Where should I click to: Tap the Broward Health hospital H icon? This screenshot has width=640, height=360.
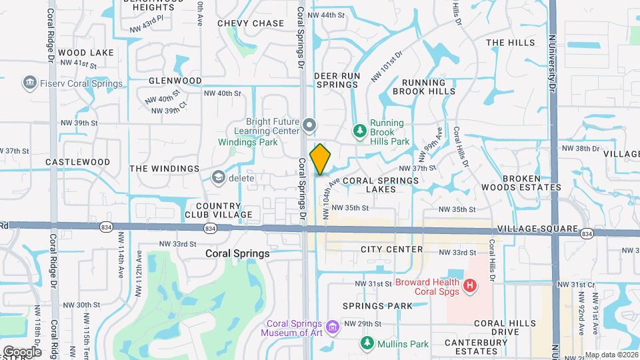(x=471, y=286)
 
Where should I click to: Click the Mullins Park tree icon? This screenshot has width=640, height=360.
(x=367, y=343)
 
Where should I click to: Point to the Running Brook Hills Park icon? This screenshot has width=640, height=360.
(x=360, y=131)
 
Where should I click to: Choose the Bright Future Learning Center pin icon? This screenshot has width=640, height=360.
(x=309, y=125)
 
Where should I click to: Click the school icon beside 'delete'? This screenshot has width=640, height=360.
(x=218, y=177)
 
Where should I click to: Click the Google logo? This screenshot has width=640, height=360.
(x=22, y=351)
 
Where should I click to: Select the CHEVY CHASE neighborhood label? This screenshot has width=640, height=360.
(x=251, y=23)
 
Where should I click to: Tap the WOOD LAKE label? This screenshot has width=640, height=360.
(x=86, y=52)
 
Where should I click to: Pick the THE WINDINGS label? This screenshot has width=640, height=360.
(x=164, y=169)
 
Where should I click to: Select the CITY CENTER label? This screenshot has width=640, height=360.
(x=391, y=249)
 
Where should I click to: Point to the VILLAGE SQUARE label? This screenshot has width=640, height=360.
(x=537, y=229)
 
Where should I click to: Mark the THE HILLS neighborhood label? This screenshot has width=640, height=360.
(x=511, y=43)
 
